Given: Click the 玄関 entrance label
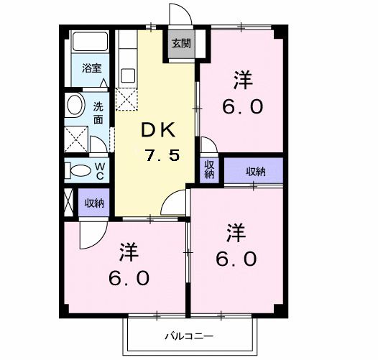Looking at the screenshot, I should tap(180, 43).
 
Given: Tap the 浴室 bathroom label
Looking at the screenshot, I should tap(91, 69).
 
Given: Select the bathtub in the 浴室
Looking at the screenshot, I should tap(90, 43).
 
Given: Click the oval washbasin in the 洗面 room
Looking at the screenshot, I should tap(74, 106).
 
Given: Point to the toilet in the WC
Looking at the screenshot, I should tap(77, 170).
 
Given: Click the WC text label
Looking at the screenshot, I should tap(101, 170).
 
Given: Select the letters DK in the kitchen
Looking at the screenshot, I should tap(159, 130).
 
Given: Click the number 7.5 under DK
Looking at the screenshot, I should tap(162, 154).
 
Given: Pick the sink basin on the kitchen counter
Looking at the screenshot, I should tap(129, 75).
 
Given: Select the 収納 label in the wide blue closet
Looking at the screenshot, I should tap(255, 171).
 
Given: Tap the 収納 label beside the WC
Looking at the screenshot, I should tap(94, 203).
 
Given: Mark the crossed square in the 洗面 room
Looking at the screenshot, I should tap(75, 137).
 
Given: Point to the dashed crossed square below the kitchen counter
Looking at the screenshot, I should tap(126, 98).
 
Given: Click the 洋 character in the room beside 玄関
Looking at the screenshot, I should tap(244, 79).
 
